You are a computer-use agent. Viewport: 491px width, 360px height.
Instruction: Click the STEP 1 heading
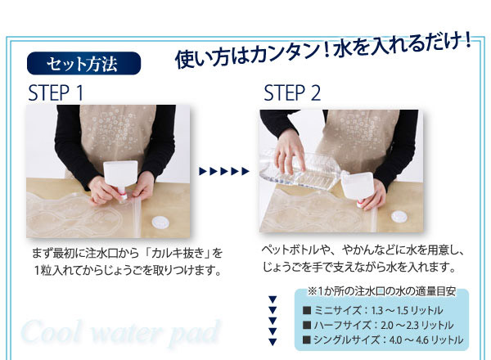click(x=56, y=92)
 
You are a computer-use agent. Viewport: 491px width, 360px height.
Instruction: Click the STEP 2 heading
click(x=292, y=92)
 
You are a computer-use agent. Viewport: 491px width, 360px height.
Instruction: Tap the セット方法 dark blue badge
click(x=84, y=63)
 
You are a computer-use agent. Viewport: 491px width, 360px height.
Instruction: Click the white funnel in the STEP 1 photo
click(x=120, y=178)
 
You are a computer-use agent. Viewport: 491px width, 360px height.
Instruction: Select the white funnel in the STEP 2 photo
click(x=358, y=189)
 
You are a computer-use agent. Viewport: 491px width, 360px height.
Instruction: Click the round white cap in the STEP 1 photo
click(x=160, y=223)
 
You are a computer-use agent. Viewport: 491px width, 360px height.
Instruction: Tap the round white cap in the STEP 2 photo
click(x=399, y=216)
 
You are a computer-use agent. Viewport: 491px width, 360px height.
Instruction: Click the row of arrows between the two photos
click(x=224, y=171)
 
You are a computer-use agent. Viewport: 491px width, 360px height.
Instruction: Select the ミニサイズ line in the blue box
click(x=372, y=310)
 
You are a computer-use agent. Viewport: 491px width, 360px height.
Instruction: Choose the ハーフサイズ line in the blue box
click(x=378, y=325)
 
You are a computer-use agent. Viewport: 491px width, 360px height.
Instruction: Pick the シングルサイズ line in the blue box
click(x=383, y=340)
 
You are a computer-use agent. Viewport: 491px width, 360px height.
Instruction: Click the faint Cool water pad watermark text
click(x=120, y=332)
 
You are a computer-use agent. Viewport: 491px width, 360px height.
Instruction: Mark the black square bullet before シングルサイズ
click(x=307, y=340)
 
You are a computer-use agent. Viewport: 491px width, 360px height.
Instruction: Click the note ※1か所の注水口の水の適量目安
click(x=381, y=291)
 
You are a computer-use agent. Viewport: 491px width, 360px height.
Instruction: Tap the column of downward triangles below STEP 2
click(x=273, y=321)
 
